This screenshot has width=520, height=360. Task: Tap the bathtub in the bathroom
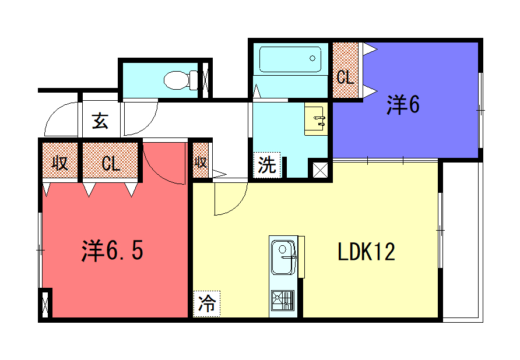click(290, 59)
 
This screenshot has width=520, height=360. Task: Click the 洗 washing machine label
click(267, 165)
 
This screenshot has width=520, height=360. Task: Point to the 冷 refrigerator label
click(207, 303)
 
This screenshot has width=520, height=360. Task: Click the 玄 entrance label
click(100, 121)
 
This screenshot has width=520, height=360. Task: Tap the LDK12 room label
click(366, 252)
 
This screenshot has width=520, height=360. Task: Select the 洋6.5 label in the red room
click(112, 251)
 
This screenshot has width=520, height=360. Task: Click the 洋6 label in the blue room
click(403, 105)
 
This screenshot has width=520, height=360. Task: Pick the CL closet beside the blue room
click(345, 70)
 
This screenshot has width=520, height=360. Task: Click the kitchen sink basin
click(283, 257)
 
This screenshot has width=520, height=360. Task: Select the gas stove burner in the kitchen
click(283, 301)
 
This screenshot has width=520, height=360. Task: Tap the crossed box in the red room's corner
click(45, 303)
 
